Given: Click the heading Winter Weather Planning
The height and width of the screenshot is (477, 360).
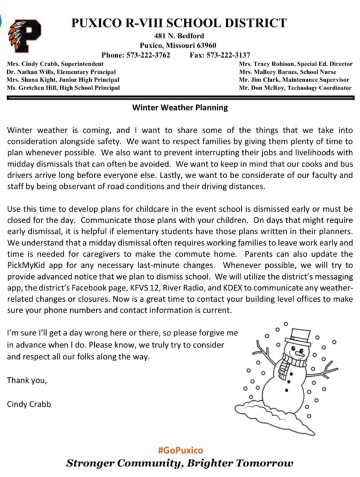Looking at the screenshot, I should (179, 108).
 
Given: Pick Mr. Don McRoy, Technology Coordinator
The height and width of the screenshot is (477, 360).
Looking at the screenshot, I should (295, 88).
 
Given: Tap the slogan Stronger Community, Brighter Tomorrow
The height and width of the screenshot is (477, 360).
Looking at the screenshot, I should (179, 463).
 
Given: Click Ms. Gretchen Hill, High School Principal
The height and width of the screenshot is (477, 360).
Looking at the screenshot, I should (62, 88).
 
